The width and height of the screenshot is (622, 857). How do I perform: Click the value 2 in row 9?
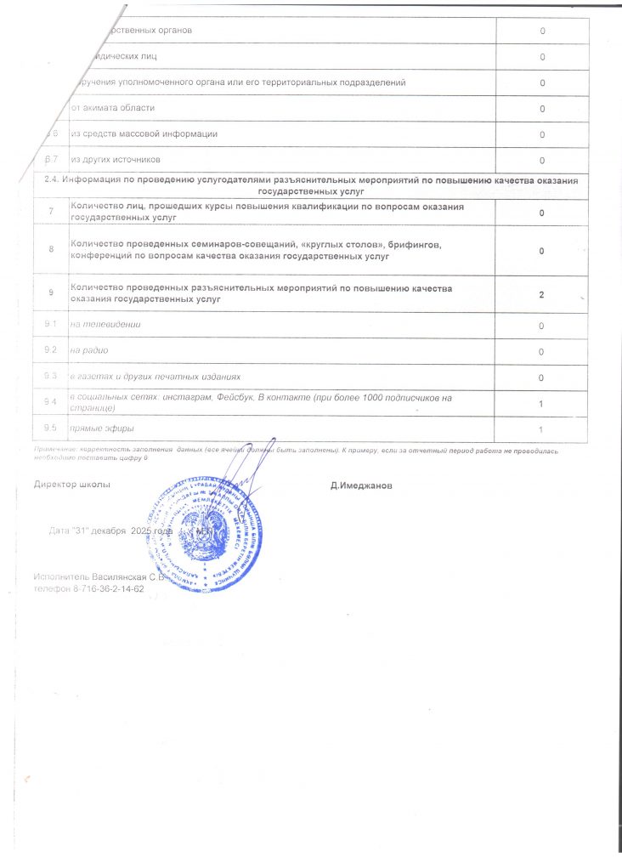(x=541, y=294)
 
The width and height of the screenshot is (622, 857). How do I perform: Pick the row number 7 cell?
(x=50, y=212)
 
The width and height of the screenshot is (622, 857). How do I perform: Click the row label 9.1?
(x=50, y=325)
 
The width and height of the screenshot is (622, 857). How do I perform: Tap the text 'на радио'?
(x=89, y=350)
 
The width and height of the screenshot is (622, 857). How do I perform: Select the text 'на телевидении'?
(x=105, y=325)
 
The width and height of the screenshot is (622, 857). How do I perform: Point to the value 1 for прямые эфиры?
(x=541, y=428)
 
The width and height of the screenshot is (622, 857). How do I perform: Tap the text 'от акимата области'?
(x=113, y=108)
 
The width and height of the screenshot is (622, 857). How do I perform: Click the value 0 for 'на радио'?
(x=541, y=351)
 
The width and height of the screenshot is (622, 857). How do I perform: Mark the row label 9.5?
(x=50, y=427)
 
